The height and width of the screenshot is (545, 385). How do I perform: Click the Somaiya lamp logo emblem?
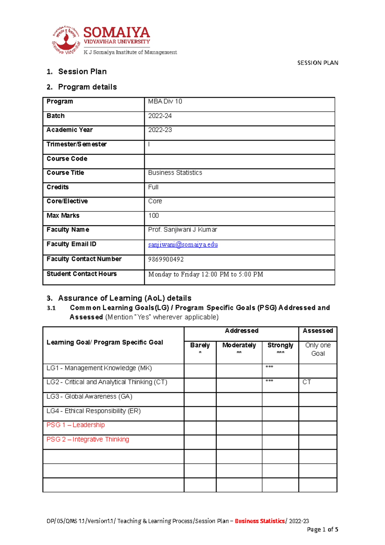[x=66, y=40]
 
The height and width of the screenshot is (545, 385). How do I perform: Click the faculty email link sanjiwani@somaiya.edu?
[x=183, y=245]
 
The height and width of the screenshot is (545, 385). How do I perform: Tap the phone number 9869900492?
[x=166, y=259]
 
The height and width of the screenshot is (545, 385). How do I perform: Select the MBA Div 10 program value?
[x=165, y=101]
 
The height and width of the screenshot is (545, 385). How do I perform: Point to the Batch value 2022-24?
[x=160, y=116]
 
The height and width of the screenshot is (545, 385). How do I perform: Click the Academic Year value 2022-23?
[x=160, y=130]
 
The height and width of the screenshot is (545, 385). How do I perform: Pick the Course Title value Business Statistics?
[x=175, y=173]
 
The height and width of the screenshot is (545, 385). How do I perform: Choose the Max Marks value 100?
[x=153, y=216]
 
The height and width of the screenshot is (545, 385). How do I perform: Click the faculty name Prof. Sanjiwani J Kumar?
[x=183, y=230]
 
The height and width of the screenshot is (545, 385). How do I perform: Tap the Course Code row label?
[x=67, y=159]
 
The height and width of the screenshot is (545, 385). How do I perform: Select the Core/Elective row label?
[x=67, y=201]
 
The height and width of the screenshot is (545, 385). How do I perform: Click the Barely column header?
[x=200, y=345]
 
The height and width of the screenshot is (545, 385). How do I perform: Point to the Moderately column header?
[x=239, y=345]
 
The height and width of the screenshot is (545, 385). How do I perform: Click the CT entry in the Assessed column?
[x=307, y=382]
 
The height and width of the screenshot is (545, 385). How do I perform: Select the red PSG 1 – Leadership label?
[x=75, y=425]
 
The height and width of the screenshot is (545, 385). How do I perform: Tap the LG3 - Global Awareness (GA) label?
[x=89, y=397]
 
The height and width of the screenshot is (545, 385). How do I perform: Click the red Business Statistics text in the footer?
[x=260, y=521]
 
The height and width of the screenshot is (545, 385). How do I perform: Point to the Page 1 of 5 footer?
[x=322, y=530]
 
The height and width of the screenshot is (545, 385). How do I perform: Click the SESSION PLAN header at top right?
[x=318, y=63]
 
